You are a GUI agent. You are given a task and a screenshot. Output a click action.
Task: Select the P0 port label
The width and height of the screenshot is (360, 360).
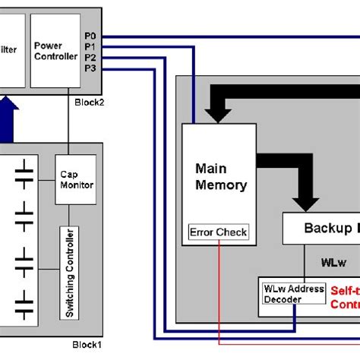[91, 35]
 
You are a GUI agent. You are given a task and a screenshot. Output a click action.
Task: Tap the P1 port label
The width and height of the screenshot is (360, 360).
[91, 46]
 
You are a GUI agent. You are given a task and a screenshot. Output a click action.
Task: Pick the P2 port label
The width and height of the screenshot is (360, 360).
[91, 57]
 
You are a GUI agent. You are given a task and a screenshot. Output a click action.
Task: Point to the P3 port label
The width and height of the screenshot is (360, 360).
[91, 68]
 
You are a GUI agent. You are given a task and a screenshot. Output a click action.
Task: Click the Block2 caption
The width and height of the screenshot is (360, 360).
[90, 101]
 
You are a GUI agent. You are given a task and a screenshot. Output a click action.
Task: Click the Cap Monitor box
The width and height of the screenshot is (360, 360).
[76, 179]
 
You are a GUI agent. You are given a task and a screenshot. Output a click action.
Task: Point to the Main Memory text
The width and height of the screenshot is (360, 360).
[220, 176]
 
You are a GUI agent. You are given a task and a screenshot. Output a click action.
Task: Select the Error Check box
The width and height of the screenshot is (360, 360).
[219, 232]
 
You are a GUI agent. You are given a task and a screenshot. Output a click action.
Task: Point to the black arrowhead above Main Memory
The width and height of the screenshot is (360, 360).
[220, 113]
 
